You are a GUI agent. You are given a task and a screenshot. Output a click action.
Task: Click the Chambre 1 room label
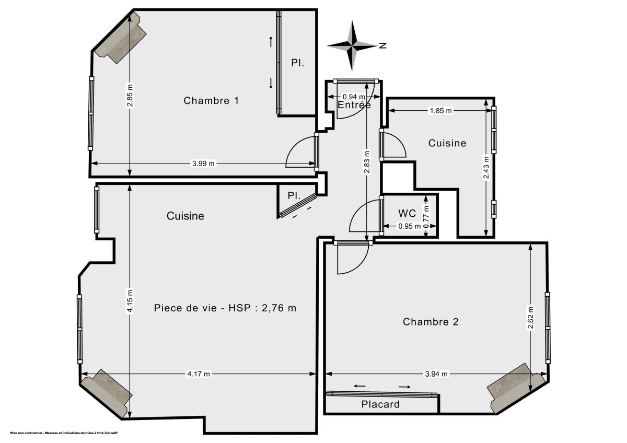pyautogui.click(x=211, y=101)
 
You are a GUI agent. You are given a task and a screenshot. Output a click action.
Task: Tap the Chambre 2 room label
pyautogui.click(x=431, y=322)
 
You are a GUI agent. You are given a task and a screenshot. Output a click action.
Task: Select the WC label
pyautogui.click(x=407, y=213)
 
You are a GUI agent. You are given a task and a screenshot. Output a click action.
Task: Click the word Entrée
pyautogui.click(x=354, y=105)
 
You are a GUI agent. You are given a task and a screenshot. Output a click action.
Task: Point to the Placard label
pyautogui.click(x=380, y=404)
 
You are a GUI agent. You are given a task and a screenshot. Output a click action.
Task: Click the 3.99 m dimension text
pyautogui.click(x=203, y=164)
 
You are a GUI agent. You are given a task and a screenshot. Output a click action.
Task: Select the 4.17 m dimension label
pyautogui.click(x=199, y=374)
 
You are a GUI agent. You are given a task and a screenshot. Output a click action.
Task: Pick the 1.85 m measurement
pyautogui.click(x=440, y=111)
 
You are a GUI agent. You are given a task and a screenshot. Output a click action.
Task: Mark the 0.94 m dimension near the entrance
pyautogui.click(x=353, y=97)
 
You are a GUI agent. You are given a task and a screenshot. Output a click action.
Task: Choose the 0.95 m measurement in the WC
pyautogui.click(x=409, y=227)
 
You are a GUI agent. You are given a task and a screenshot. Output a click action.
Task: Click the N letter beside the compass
pyautogui.click(x=383, y=45)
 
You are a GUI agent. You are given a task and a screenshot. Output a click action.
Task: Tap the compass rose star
pyautogui.click(x=352, y=45)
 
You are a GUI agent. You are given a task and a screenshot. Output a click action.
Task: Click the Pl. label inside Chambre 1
pyautogui.click(x=297, y=63)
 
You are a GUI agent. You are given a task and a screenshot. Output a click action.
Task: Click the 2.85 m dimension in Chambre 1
pyautogui.click(x=130, y=96)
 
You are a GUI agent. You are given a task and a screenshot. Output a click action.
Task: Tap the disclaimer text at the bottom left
pyautogui.click(x=64, y=433)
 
